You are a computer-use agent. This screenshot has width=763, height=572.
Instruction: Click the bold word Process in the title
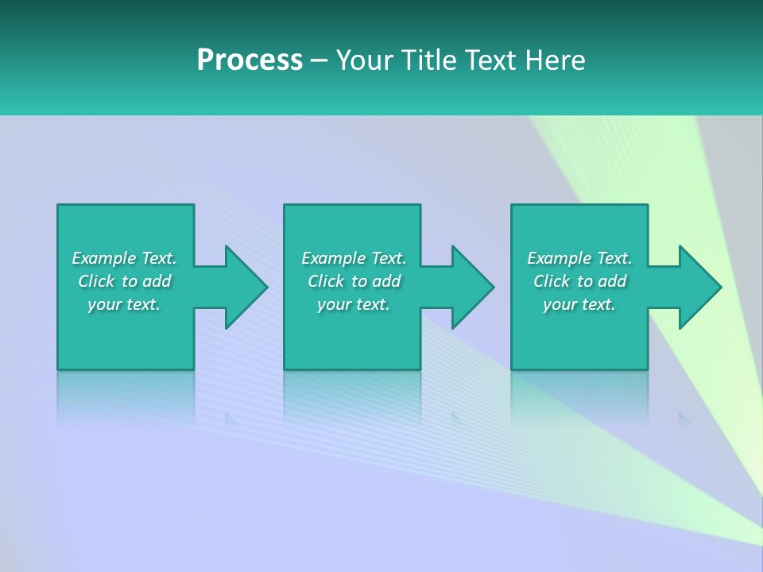(250, 60)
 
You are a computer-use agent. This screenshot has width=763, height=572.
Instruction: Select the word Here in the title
(555, 60)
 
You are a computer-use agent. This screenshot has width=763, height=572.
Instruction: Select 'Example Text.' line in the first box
(124, 258)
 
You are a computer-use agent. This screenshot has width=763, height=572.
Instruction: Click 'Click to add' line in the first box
(124, 281)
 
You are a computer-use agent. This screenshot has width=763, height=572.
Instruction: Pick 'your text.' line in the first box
(124, 304)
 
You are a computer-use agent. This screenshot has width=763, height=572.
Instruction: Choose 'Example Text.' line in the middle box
(354, 258)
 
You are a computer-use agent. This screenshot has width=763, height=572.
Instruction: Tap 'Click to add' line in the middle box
(354, 281)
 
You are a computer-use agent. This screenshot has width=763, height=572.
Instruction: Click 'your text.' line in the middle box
(354, 304)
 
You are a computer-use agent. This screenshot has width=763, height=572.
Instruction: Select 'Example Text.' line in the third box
(579, 258)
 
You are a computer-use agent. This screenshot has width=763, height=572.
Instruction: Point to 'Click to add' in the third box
(579, 281)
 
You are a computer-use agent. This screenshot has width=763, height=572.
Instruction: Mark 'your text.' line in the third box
(579, 304)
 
